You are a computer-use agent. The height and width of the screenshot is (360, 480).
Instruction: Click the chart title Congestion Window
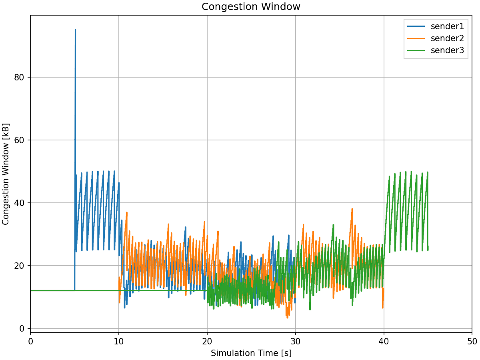[x=251, y=7]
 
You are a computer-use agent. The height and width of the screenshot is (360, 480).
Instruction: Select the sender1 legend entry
[x=447, y=27]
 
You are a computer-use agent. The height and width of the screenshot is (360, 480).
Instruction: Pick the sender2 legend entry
[x=447, y=39]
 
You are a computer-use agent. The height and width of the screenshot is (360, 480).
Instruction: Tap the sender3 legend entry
[x=447, y=51]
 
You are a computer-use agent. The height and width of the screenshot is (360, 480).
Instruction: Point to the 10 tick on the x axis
[x=119, y=341]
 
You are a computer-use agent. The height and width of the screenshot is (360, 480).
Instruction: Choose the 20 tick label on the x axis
[x=207, y=341]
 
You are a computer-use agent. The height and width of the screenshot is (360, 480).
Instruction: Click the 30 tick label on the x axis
[x=296, y=341]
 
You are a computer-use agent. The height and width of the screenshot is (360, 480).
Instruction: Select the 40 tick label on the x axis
[x=384, y=341]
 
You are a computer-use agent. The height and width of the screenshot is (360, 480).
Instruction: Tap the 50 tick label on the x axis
[x=472, y=341]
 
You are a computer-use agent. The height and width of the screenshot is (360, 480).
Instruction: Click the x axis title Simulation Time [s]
[x=251, y=353]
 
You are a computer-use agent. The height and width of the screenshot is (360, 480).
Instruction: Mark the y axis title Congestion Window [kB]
[x=6, y=174]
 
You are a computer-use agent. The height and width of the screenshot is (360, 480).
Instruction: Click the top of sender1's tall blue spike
[x=75, y=30]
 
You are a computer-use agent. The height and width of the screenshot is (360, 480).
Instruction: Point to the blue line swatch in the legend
[x=416, y=27]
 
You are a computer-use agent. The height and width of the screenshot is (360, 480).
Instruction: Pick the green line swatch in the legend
[x=416, y=51]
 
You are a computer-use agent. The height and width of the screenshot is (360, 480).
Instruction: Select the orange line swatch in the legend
[x=416, y=39]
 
